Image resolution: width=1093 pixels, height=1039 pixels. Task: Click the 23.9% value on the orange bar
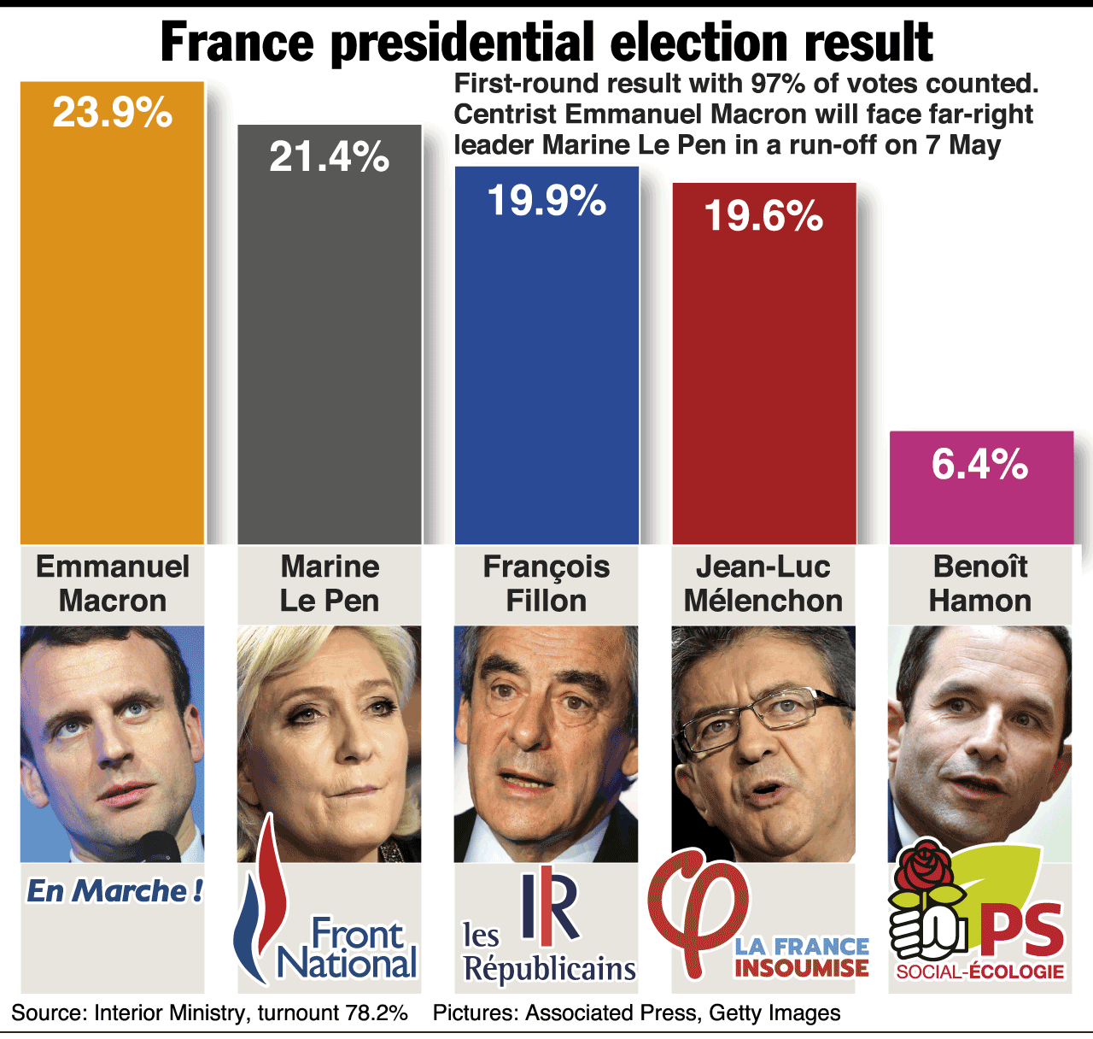(113, 112)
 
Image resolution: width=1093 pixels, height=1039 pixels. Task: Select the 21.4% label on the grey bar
(330, 156)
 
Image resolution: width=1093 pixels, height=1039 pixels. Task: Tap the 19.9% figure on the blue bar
(546, 201)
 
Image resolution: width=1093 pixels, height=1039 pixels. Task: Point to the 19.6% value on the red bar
(763, 216)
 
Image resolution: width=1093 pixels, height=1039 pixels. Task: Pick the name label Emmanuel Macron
(113, 584)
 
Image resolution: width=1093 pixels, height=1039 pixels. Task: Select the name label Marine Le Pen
(330, 584)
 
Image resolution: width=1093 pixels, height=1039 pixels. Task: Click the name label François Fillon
(546, 584)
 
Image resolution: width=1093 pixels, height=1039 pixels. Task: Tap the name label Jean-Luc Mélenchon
(763, 584)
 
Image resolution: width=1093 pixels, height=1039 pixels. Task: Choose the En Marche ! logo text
(114, 891)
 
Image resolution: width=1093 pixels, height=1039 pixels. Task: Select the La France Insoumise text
(801, 957)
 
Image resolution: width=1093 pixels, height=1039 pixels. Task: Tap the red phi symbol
(696, 910)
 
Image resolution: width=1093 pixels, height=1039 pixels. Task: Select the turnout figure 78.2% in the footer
(377, 1013)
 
